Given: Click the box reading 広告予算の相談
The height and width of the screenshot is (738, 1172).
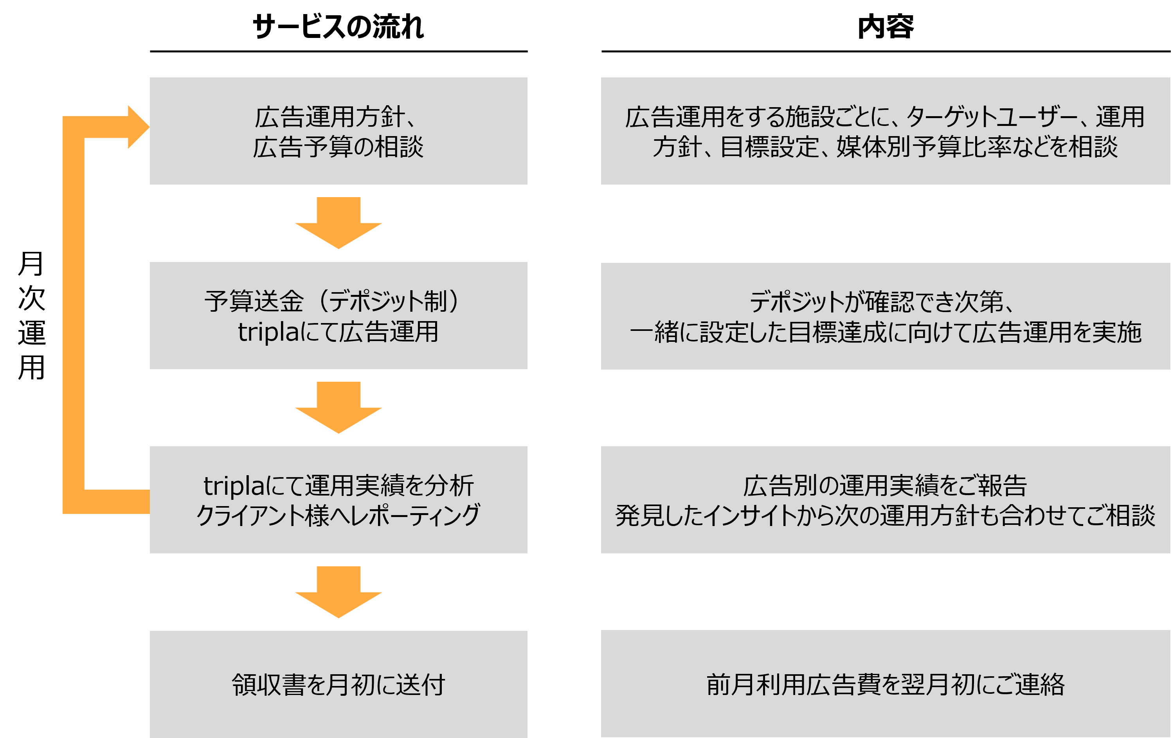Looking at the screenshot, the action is point(338,131).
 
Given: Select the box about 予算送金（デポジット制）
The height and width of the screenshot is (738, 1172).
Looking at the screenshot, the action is point(338,315).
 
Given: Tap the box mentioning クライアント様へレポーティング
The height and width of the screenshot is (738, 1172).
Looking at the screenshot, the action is point(338,499).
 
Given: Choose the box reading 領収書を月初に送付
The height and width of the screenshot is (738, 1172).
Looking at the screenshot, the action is point(338,684).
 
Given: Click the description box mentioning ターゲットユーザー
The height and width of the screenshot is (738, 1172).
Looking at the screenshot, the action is point(885,131).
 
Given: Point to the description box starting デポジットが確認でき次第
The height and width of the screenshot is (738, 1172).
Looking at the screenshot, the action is point(885,316).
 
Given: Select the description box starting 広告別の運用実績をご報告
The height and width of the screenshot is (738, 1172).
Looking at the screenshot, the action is point(885,499).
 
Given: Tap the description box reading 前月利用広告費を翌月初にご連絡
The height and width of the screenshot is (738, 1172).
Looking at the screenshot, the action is point(885,684).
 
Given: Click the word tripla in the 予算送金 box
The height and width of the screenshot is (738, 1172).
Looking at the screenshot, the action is point(268,332).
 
